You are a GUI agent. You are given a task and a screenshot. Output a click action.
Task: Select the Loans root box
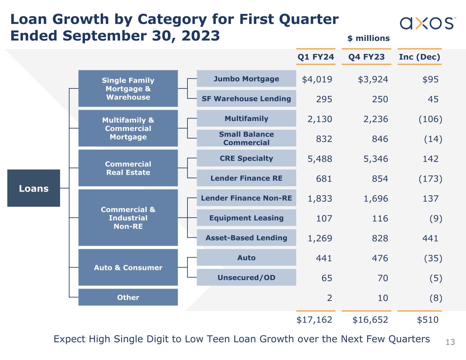pyautogui.click(x=33, y=188)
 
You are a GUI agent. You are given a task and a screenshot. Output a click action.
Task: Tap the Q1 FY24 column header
pyautogui.click(x=315, y=57)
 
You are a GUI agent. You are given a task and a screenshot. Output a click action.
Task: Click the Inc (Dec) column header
pyautogui.click(x=419, y=57)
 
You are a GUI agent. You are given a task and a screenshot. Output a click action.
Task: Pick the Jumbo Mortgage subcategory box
pyautogui.click(x=246, y=79)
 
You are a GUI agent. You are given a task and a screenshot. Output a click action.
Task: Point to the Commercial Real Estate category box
pyautogui.click(x=128, y=168)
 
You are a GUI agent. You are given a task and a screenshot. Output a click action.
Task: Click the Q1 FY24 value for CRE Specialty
pyautogui.click(x=320, y=159)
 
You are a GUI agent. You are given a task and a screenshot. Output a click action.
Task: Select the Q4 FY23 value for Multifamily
pyautogui.click(x=376, y=119)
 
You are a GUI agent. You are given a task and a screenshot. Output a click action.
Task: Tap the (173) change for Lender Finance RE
pyautogui.click(x=430, y=179)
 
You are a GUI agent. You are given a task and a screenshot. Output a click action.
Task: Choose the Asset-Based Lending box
pyautogui.click(x=246, y=238)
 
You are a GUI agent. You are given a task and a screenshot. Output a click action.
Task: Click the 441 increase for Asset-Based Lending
pyautogui.click(x=430, y=238)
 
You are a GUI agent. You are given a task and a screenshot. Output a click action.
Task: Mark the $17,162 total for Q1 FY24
pyautogui.click(x=314, y=320)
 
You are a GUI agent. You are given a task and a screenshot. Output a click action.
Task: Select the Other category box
pyautogui.click(x=128, y=297)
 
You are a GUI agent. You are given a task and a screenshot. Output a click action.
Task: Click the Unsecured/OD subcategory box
pyautogui.click(x=246, y=277)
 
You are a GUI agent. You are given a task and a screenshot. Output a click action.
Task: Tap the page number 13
pyautogui.click(x=450, y=342)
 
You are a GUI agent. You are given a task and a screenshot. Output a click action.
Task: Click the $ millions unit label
pyautogui.click(x=368, y=38)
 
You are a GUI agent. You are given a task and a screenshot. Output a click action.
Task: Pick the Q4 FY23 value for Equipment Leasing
pyautogui.click(x=380, y=218)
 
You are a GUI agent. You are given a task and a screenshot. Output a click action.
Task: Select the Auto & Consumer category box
pyautogui.click(x=128, y=268)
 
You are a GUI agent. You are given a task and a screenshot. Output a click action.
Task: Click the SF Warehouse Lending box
pyautogui.click(x=246, y=99)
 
